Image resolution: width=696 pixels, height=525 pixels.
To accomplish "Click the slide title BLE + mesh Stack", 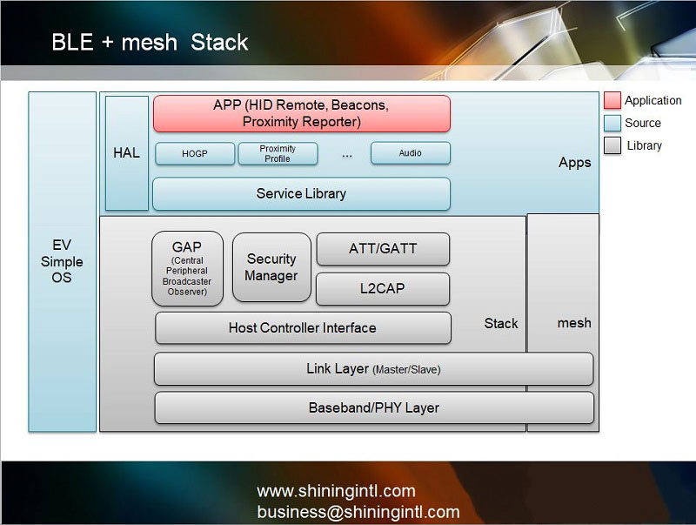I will click(150, 43).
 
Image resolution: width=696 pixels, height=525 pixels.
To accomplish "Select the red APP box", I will click(301, 114).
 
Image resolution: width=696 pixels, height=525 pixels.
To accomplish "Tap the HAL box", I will click(126, 153).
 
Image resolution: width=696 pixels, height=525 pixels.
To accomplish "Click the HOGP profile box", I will click(194, 153).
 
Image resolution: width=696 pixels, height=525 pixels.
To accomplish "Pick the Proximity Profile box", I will click(278, 153).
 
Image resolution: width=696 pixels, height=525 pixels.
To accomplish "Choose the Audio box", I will click(410, 153).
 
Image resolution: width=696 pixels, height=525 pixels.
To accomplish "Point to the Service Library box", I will click(301, 193).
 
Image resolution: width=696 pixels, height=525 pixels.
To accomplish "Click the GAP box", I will click(187, 268).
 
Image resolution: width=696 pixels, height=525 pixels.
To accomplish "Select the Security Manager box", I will click(271, 267).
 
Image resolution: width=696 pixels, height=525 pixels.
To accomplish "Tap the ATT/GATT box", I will click(383, 249).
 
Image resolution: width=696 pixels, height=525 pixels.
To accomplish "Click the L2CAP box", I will click(383, 288).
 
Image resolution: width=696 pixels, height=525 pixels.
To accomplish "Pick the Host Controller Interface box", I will click(303, 328).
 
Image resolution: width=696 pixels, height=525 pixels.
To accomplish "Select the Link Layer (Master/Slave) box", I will click(373, 369).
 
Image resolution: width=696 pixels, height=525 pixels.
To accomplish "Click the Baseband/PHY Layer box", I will click(373, 407).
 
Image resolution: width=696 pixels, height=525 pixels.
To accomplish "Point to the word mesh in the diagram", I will click(573, 323).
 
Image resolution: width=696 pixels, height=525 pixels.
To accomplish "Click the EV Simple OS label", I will click(62, 261).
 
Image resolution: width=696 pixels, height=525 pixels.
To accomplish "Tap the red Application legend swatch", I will click(612, 101).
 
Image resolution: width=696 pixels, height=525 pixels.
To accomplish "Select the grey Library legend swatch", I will click(612, 145).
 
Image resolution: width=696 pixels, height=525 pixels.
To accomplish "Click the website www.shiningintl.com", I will click(336, 491).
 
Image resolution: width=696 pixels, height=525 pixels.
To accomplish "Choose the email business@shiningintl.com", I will click(358, 512).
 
